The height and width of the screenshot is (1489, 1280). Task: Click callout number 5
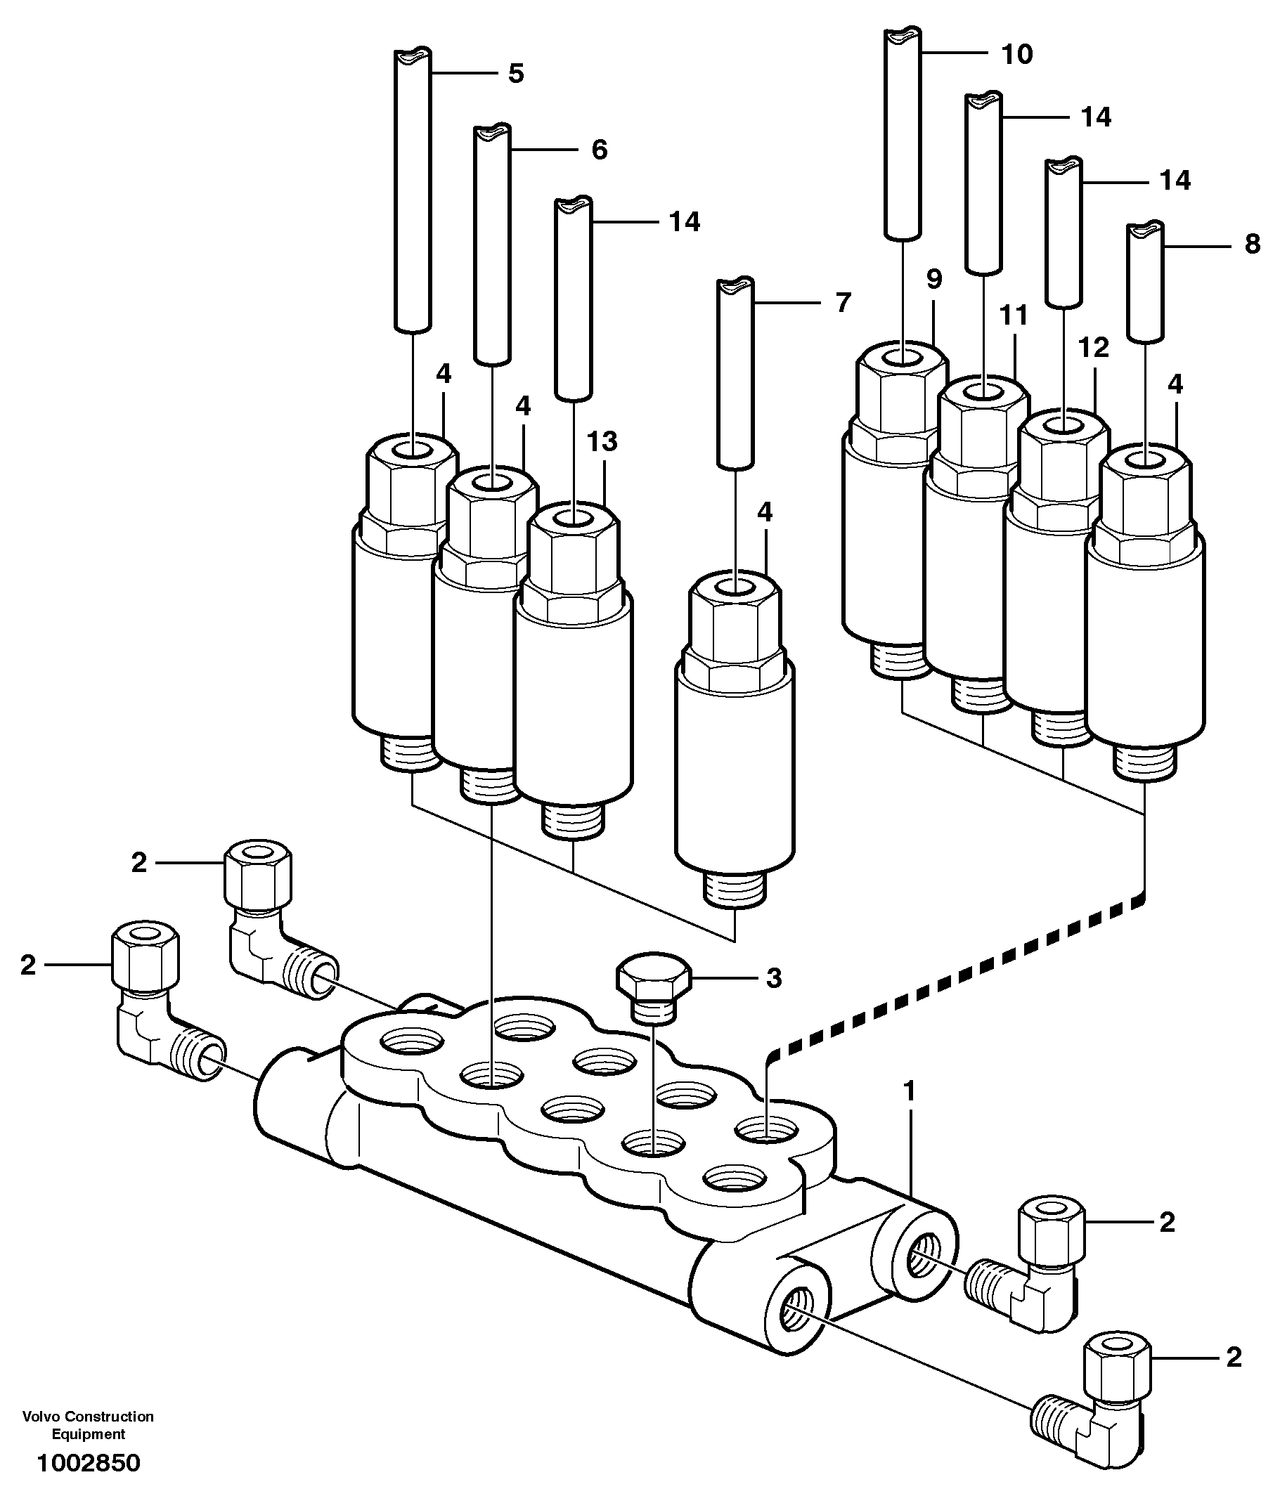515,73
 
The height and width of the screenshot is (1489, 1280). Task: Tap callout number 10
1017,54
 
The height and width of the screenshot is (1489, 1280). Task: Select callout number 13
602,442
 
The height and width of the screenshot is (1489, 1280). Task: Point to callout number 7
843,303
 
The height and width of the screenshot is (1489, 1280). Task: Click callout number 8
1252,245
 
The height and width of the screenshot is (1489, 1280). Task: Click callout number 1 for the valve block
909,1091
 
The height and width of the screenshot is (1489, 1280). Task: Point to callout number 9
933,280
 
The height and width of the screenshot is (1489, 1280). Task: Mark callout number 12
1094,348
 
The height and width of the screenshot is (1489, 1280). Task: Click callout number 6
599,150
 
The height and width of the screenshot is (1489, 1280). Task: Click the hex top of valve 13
573,546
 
